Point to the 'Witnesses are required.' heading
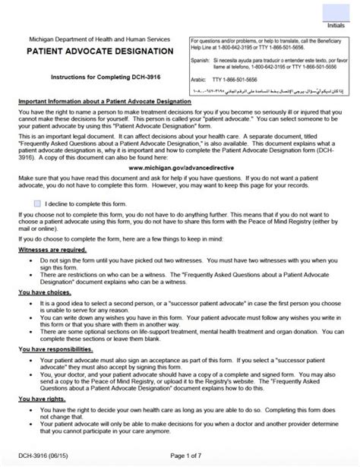52,248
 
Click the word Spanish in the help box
200,57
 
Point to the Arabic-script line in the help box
270,89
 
